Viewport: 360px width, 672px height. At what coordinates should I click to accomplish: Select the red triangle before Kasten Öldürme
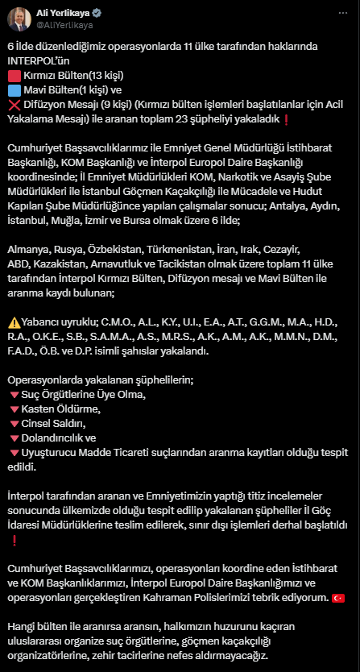13,409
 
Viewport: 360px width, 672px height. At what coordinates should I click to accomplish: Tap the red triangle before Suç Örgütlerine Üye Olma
13,395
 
